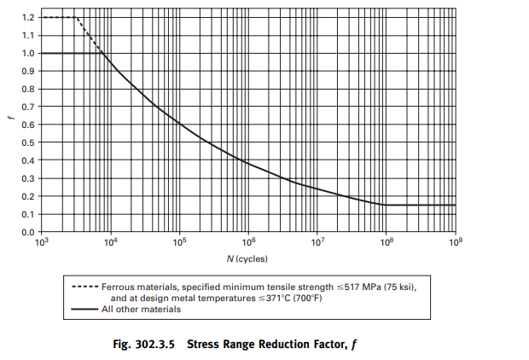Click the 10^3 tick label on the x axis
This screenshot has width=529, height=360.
(x=41, y=242)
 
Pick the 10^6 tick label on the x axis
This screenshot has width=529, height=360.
(x=247, y=242)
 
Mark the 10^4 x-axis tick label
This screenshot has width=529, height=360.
(x=110, y=242)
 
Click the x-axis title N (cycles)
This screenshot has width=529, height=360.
(x=247, y=258)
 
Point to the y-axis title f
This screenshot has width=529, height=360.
(x=11, y=119)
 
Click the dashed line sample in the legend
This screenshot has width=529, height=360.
(x=83, y=287)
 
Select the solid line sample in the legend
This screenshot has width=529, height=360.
(x=83, y=309)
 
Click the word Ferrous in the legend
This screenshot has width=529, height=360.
(x=119, y=287)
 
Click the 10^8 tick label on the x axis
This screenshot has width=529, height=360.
(x=386, y=242)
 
